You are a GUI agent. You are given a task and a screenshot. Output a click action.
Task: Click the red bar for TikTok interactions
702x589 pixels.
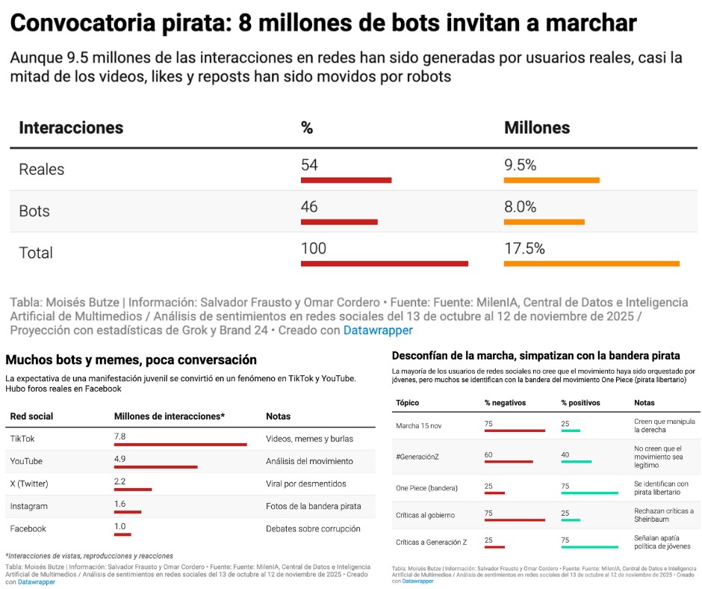click(x=180, y=445)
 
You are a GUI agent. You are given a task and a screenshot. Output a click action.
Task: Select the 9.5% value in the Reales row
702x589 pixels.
click(x=520, y=165)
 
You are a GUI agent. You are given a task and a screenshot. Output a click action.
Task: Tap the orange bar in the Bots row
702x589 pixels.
click(x=544, y=222)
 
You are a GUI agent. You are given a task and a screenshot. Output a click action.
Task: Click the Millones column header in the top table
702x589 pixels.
click(x=536, y=128)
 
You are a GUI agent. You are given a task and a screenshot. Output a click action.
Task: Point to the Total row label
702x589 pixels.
click(x=36, y=253)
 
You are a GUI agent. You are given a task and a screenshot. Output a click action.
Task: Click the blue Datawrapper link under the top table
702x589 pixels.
click(x=378, y=330)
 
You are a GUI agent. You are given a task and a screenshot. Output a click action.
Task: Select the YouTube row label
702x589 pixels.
click(x=26, y=461)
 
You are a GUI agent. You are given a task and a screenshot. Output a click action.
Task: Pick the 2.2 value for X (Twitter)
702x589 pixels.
click(x=119, y=482)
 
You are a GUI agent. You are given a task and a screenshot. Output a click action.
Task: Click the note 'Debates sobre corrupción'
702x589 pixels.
click(x=313, y=528)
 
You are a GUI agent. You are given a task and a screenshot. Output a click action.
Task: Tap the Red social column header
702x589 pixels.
click(x=31, y=416)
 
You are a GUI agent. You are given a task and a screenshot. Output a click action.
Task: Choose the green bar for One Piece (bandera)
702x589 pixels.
click(x=589, y=493)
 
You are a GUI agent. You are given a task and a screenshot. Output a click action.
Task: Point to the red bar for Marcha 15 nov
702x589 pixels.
click(x=515, y=431)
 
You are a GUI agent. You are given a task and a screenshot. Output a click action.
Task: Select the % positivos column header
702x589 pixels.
click(x=580, y=403)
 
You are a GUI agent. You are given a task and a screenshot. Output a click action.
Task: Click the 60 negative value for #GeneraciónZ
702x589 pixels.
click(x=489, y=454)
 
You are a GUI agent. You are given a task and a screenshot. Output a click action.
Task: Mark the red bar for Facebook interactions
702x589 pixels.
click(x=122, y=534)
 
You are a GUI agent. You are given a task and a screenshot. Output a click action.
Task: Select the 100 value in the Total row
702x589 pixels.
click(x=313, y=248)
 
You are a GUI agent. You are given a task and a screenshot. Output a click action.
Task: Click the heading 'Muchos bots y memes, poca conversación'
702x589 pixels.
click(x=131, y=360)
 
